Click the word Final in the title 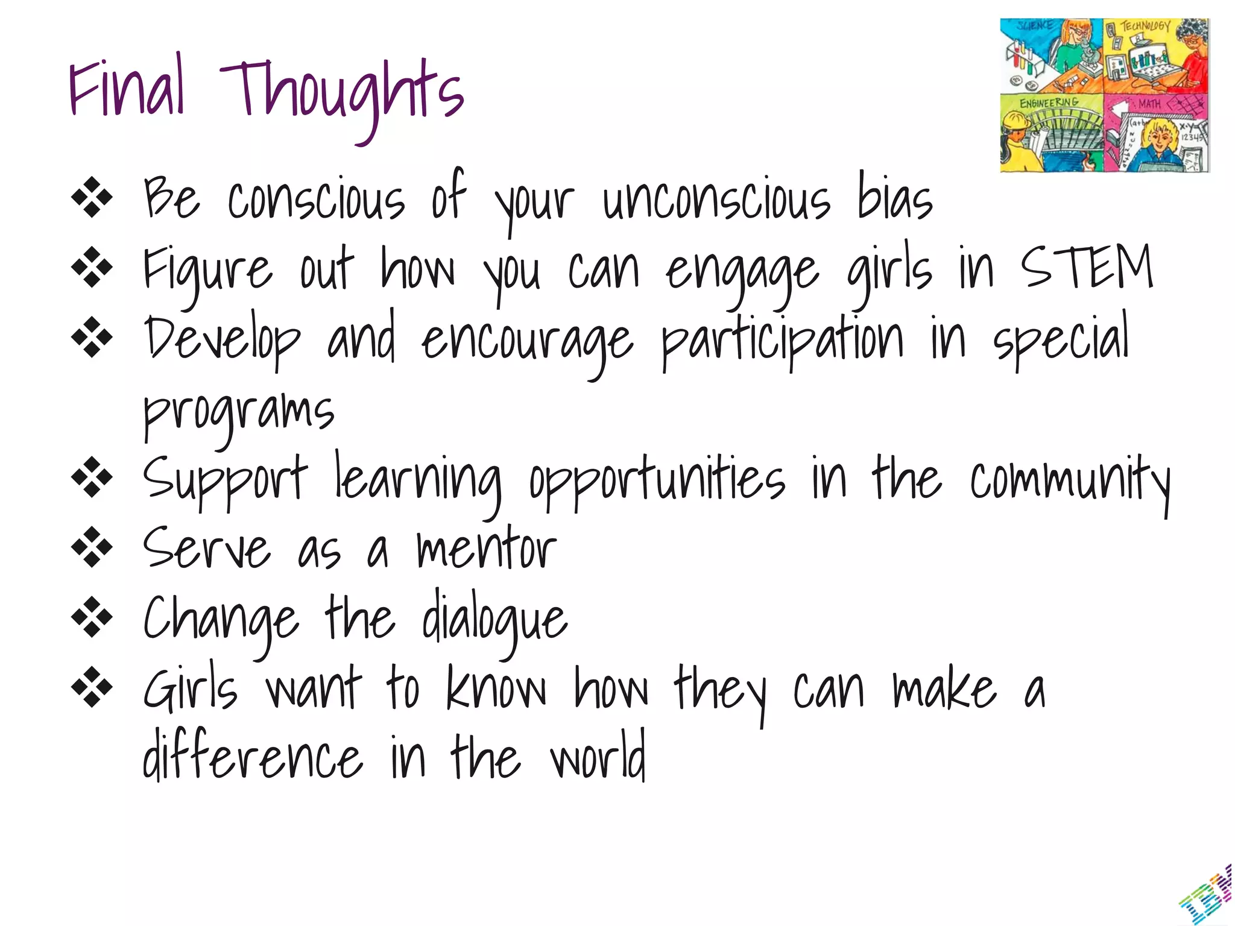127,87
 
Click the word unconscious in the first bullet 716,199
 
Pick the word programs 238,413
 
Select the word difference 252,757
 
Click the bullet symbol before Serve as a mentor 92,547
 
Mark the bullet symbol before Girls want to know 92,687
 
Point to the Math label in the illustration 1149,104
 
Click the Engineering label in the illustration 1049,102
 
